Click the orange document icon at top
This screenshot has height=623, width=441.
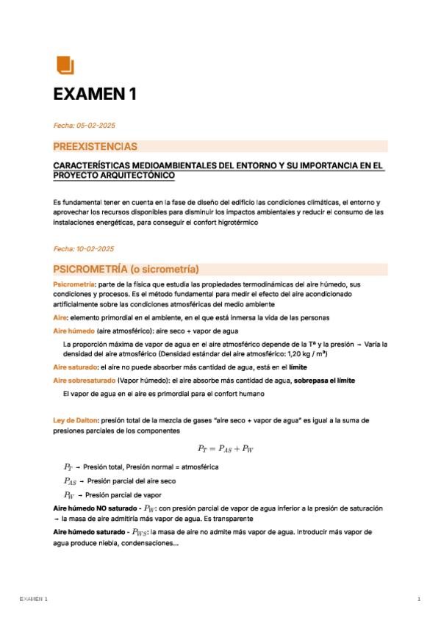point(65,65)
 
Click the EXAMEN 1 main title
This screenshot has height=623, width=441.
point(95,94)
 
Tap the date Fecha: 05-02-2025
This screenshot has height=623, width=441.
point(85,126)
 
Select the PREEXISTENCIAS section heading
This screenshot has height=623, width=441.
point(95,147)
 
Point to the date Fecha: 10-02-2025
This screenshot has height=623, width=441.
point(85,249)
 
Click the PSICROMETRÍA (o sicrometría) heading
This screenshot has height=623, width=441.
point(126,269)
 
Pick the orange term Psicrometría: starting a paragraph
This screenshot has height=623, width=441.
point(74,284)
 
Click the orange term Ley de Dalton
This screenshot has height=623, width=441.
point(76,421)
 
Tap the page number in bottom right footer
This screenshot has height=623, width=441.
point(418,600)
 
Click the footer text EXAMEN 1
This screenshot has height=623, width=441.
point(34,600)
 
